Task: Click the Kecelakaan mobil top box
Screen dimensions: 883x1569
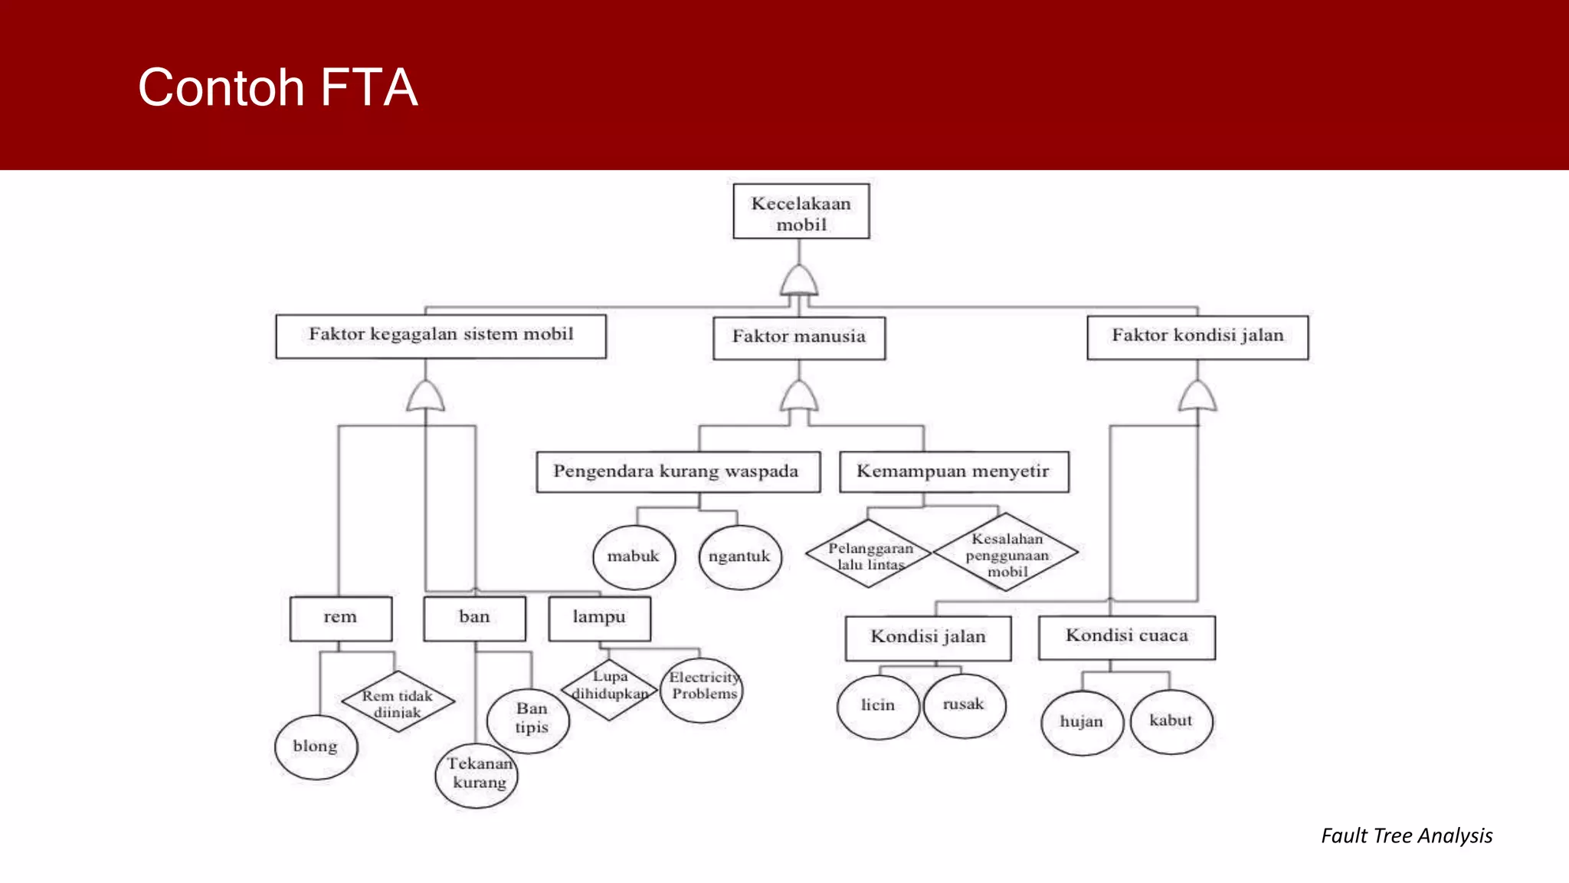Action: click(801, 212)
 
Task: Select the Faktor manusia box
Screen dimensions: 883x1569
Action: click(799, 337)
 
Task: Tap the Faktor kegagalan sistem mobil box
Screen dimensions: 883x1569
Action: click(441, 336)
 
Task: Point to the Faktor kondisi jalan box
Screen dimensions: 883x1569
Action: click(1197, 336)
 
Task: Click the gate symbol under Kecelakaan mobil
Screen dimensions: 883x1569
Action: click(799, 281)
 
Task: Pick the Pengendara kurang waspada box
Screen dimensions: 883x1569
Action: click(677, 471)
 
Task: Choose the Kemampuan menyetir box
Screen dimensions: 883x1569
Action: click(953, 471)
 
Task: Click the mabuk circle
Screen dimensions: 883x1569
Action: click(634, 556)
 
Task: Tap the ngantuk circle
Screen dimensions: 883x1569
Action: click(739, 556)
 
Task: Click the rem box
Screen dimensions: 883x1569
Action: click(340, 618)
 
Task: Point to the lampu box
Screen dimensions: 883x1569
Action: click(599, 618)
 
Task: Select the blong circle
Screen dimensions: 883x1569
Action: click(316, 747)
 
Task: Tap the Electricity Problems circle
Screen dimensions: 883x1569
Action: click(703, 688)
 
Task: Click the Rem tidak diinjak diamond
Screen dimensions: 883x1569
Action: click(398, 701)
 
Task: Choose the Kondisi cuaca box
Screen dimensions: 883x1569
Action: click(1126, 636)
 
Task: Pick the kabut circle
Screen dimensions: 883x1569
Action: click(1171, 721)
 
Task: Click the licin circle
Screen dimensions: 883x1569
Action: click(878, 706)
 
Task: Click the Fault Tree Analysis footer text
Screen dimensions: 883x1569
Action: click(1406, 835)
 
